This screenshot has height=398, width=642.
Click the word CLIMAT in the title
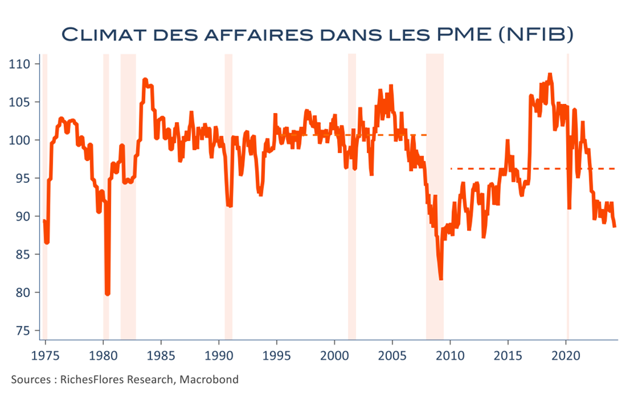click(104, 35)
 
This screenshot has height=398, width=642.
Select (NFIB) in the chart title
click(536, 35)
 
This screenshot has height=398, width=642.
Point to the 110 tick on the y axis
click(19, 64)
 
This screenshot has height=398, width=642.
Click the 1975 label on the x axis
click(46, 355)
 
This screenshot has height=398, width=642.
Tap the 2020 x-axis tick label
click(566, 355)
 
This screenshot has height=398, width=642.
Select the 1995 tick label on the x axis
click(277, 355)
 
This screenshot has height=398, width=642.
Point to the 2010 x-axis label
click(451, 355)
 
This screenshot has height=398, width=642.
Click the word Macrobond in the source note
click(209, 380)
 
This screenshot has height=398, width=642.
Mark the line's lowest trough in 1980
click(108, 293)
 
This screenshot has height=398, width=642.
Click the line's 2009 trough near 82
click(441, 279)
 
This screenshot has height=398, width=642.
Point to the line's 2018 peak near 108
click(550, 75)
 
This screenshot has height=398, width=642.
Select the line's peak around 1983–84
click(145, 80)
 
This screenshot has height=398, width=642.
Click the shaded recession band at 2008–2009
click(435, 196)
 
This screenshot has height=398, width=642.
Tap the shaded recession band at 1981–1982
click(128, 196)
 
